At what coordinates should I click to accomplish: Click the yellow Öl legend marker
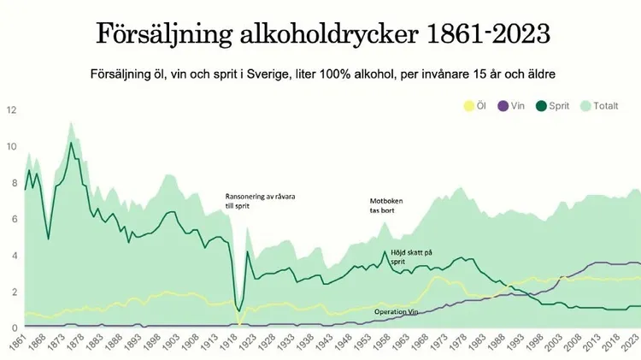click(x=468, y=106)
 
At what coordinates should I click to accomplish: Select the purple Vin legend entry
click(x=504, y=106)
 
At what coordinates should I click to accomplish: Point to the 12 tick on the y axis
click(x=12, y=110)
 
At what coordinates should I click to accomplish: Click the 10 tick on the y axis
click(x=12, y=146)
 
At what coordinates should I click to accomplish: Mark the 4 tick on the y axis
click(x=12, y=255)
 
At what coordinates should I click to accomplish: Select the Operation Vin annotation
click(x=400, y=312)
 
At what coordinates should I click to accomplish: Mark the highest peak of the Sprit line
click(x=71, y=142)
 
